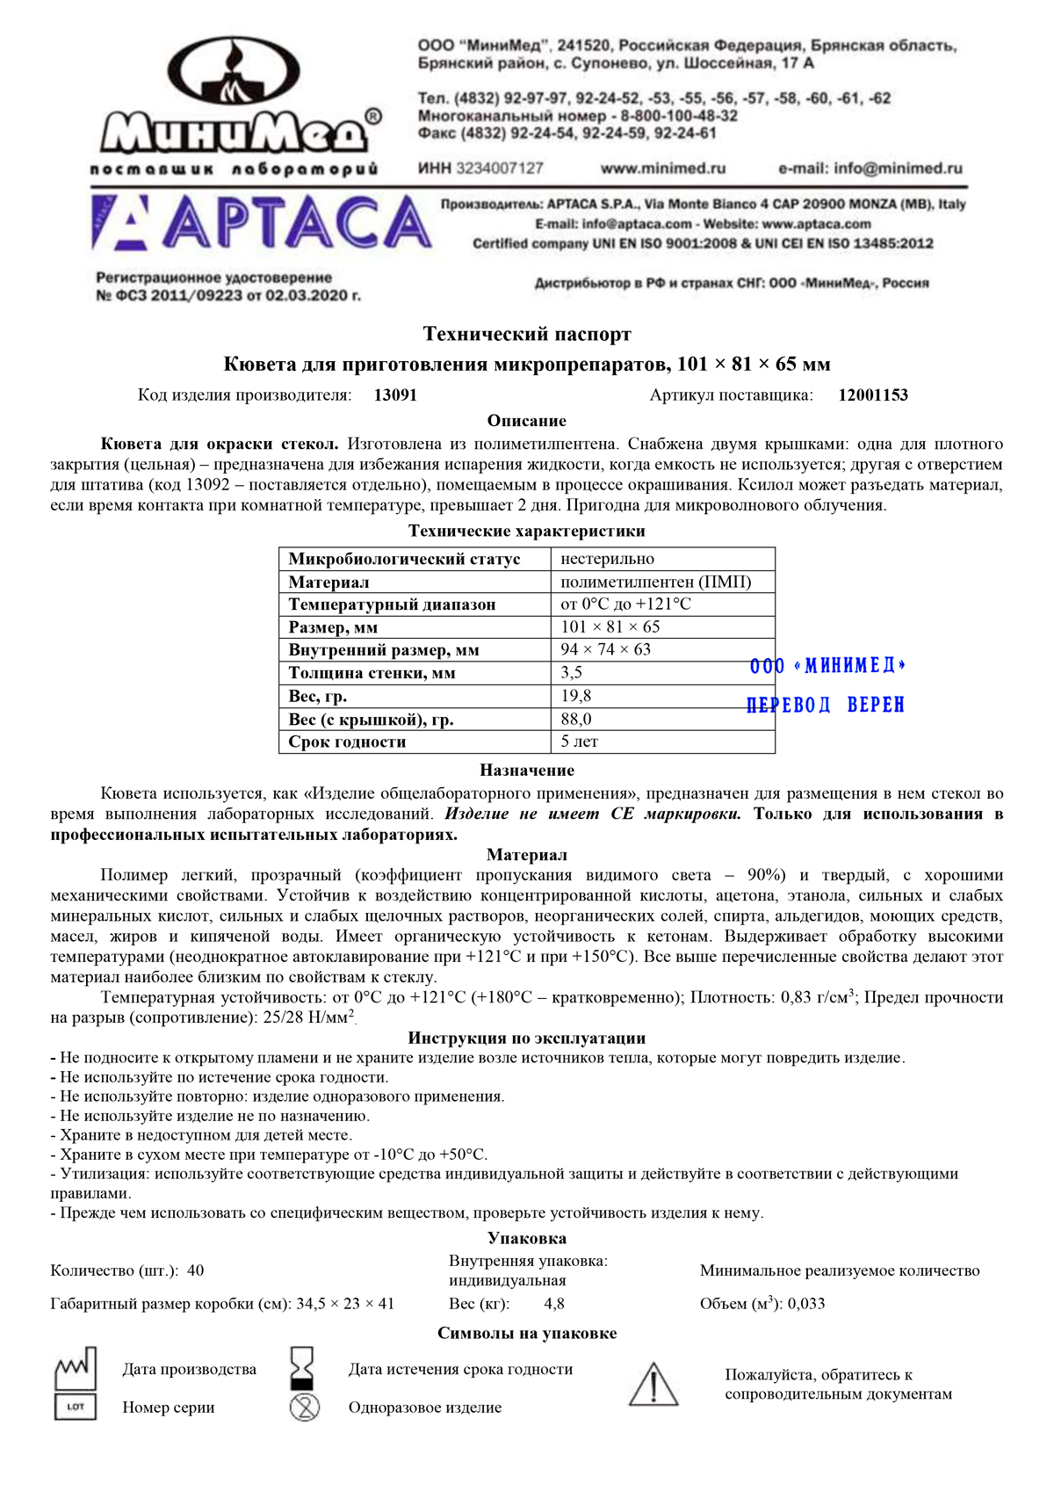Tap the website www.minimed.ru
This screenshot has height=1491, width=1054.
click(x=662, y=168)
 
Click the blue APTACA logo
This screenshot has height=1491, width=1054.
click(x=261, y=223)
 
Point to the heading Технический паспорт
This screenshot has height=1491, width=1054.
click(x=527, y=334)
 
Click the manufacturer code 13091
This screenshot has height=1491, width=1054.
click(x=395, y=395)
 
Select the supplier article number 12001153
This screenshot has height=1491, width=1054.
click(x=873, y=395)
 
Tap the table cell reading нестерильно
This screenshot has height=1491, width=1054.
click(x=608, y=559)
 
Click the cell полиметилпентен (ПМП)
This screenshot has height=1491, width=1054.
click(x=656, y=582)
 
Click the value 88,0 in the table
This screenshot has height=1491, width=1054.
click(x=576, y=719)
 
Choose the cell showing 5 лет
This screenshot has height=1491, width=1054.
click(x=580, y=742)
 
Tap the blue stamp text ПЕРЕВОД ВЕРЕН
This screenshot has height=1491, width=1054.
click(x=825, y=705)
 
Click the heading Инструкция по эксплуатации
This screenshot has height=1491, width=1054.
click(x=527, y=1038)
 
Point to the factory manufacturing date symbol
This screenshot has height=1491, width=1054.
click(x=76, y=1367)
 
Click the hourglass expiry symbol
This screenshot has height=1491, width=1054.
click(x=302, y=1368)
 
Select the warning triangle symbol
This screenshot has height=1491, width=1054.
click(x=653, y=1385)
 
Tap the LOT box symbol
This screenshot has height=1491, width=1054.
click(x=76, y=1407)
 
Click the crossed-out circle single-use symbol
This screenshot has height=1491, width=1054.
click(x=305, y=1408)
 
